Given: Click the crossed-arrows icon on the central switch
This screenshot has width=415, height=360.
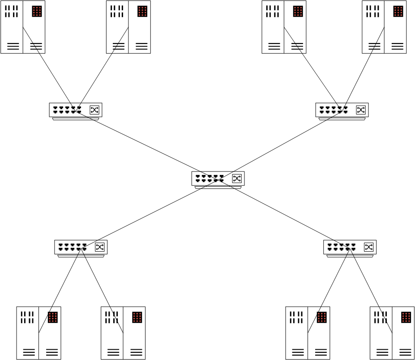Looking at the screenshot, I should [237, 179].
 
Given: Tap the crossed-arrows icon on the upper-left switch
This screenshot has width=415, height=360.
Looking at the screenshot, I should [94, 110].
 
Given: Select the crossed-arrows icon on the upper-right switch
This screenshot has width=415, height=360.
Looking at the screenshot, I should [361, 110].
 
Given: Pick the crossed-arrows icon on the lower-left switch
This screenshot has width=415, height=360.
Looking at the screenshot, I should [100, 247].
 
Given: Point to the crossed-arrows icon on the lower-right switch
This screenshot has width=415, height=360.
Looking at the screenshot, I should [368, 247].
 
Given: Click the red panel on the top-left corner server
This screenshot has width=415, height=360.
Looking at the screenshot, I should [37, 11].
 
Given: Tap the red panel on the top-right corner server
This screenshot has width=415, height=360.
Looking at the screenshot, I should [398, 11].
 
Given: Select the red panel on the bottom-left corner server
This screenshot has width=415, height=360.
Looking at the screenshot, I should [53, 317].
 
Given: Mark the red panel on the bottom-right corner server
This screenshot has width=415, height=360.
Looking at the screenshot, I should [406, 317].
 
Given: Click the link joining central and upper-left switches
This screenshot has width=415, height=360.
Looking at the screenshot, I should [148, 144].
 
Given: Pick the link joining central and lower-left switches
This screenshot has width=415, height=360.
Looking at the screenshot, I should [150, 213].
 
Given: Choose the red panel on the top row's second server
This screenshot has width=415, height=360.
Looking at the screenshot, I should [142, 11].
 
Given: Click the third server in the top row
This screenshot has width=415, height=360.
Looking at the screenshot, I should [284, 27].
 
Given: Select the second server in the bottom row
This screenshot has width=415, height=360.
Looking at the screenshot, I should [123, 333].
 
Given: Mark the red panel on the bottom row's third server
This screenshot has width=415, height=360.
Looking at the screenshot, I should [322, 317].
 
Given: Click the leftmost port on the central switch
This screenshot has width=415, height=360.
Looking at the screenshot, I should [198, 178].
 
